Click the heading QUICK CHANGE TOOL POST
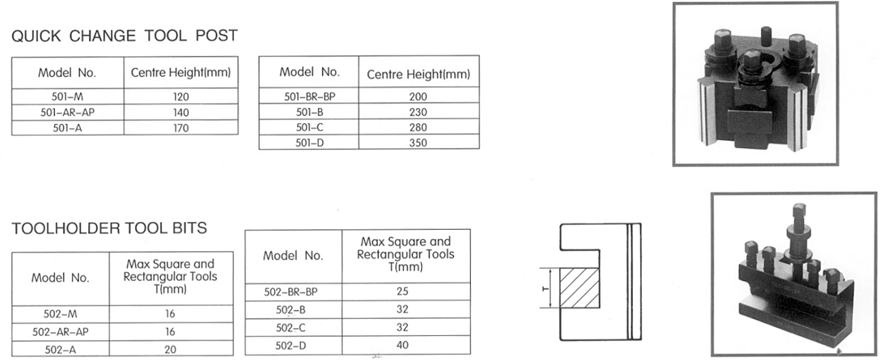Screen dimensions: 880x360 124,36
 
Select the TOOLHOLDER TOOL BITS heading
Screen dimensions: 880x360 110,228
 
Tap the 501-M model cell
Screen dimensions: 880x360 67,97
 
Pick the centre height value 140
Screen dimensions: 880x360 181,112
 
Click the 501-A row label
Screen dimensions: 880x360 67,128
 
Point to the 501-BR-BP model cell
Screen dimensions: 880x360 309,97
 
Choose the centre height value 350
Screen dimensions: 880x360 418,143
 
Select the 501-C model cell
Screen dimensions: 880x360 309,127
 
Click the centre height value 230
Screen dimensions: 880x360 418,112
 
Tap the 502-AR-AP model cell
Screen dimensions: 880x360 60,332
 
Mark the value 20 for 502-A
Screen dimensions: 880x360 170,349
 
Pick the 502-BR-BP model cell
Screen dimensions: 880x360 291,292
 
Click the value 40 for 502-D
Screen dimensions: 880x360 402,345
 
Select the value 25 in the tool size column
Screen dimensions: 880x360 402,291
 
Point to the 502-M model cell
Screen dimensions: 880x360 60,314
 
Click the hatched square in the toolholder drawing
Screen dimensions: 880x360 580,288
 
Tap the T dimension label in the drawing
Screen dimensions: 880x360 545,289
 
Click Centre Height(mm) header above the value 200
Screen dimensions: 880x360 418,74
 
